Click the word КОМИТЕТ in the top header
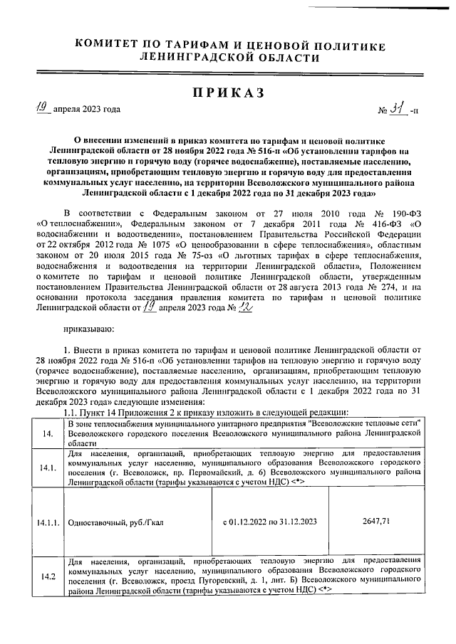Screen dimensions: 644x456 point(112,44)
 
